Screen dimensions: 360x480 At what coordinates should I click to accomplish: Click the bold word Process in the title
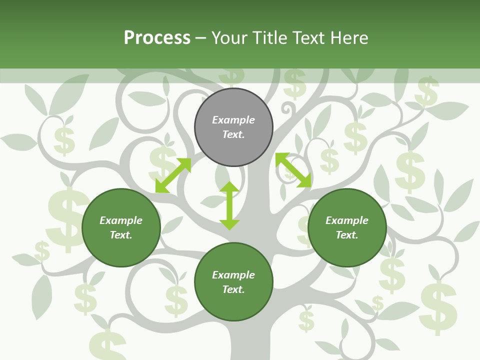157,38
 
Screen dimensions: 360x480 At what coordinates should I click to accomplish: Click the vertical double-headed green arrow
229,205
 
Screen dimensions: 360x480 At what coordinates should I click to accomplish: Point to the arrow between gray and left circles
173,175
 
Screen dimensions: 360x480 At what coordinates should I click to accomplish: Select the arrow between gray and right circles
293,170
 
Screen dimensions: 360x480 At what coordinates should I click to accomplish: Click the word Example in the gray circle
233,120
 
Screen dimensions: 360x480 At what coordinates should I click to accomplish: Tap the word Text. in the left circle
121,235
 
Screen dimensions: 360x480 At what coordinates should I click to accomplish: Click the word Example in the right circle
347,220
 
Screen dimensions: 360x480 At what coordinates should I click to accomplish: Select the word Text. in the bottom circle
233,289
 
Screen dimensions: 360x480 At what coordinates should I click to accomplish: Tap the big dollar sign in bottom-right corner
438,307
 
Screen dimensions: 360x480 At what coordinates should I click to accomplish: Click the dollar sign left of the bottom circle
176,300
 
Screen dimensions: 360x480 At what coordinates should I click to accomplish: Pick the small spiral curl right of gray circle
289,107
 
